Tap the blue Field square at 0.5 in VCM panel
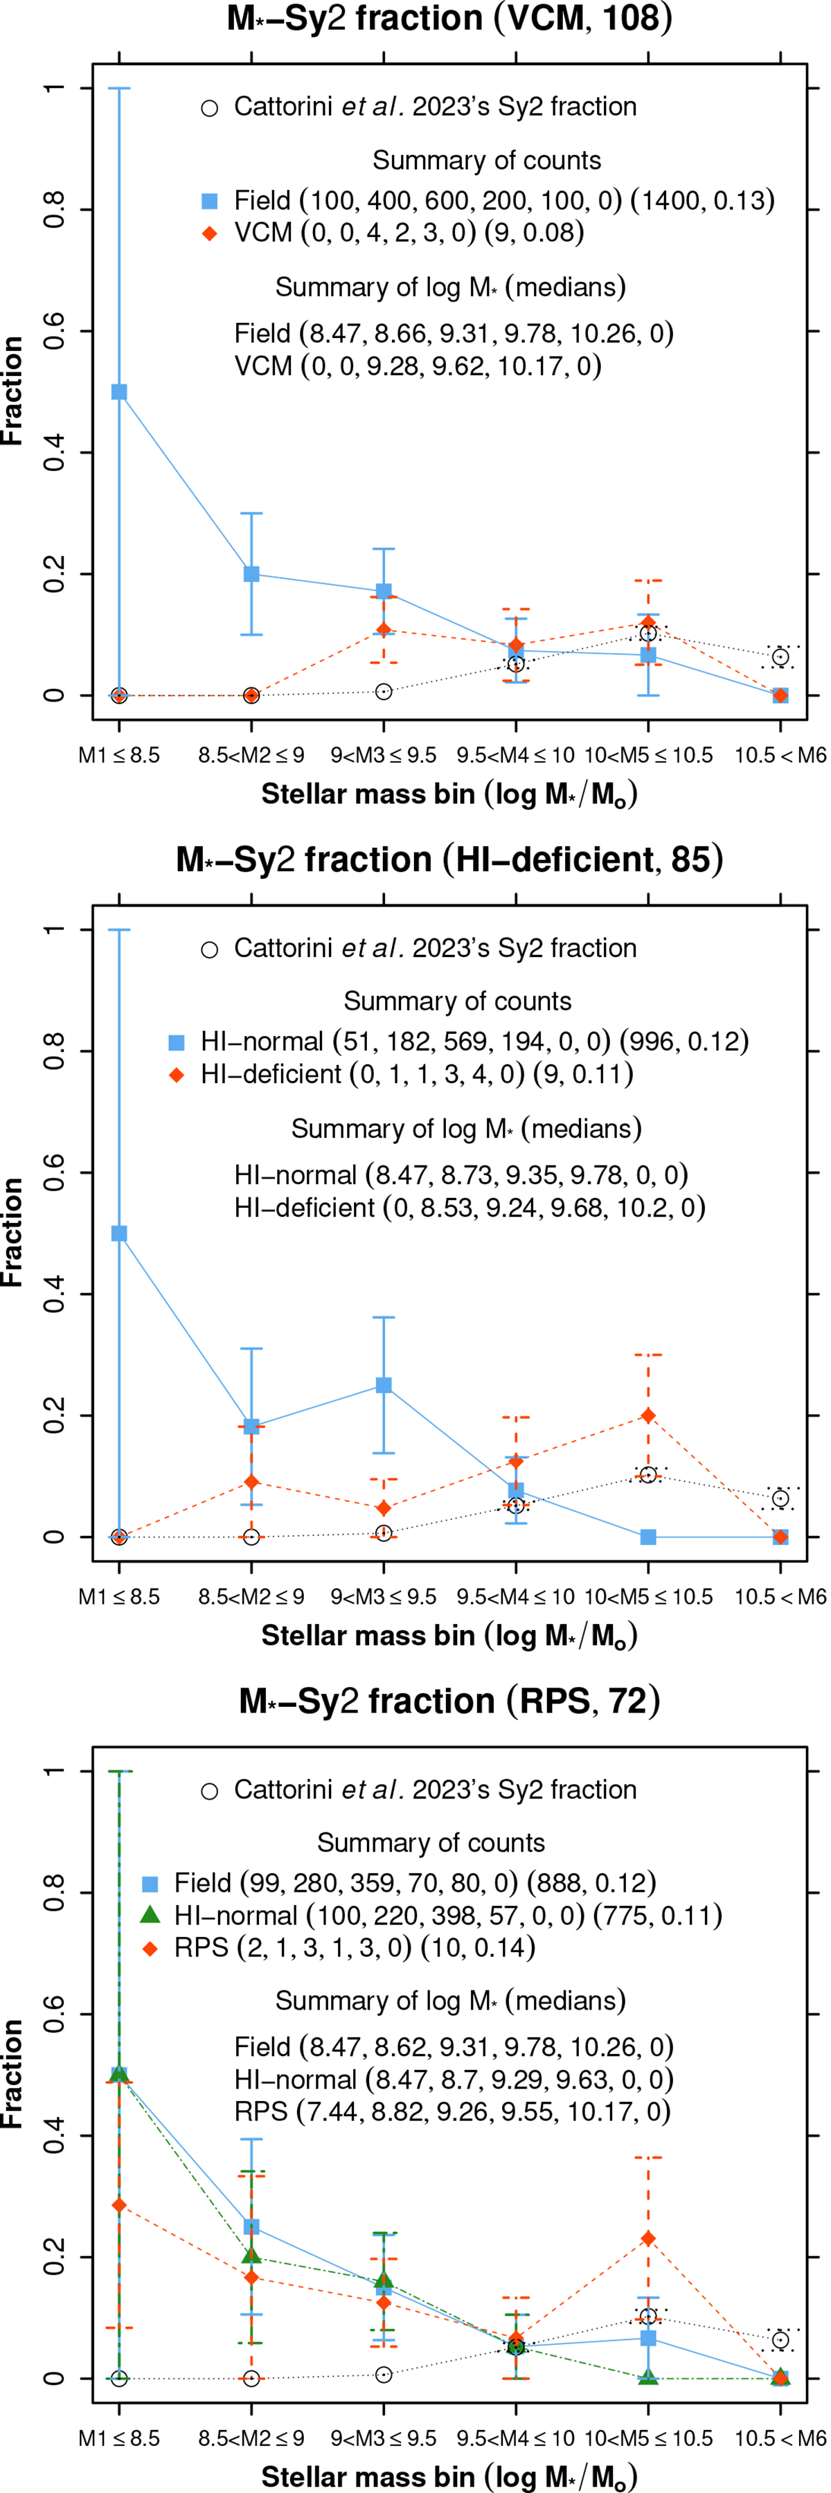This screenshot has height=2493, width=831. coord(119,392)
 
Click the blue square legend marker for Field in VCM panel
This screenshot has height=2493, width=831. coord(209,202)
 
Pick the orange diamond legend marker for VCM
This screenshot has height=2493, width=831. coord(209,233)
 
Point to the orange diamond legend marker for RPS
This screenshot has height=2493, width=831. coord(150,1947)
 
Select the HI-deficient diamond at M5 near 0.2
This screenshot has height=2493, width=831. coord(648,1416)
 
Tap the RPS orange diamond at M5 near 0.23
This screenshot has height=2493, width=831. coord(648,2238)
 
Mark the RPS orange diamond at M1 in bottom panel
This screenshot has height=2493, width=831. coord(119,2205)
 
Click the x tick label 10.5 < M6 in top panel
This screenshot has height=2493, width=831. coord(780,755)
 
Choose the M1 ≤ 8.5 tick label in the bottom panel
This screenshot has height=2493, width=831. coord(119,2438)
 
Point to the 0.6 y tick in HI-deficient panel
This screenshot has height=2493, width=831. coord(53,1173)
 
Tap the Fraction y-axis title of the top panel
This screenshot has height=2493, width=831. coord(12,391)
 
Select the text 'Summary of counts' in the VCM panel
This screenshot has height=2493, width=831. coord(487,161)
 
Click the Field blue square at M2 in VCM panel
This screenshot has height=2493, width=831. coord(251,574)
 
